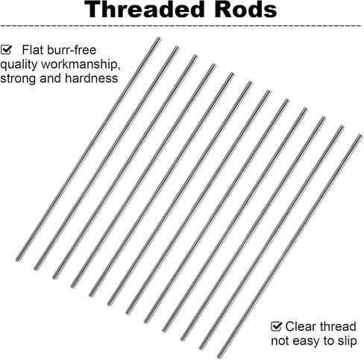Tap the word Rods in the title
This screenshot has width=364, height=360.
tap(245, 10)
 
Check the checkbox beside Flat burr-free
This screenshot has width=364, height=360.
tap(6, 50)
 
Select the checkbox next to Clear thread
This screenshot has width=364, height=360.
tap(277, 326)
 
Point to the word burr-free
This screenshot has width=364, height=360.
tap(71, 50)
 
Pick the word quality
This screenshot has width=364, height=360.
tap(19, 65)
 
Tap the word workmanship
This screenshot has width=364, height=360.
tap(81, 64)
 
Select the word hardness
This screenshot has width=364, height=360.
tap(91, 78)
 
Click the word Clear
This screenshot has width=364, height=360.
tap(300, 326)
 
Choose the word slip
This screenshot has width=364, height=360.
tap(348, 341)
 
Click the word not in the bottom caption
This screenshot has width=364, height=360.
tap(280, 341)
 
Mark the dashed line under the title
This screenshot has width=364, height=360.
tap(181, 25)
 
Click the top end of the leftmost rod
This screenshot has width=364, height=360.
tap(159, 38)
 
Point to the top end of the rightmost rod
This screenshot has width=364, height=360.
tap(360, 136)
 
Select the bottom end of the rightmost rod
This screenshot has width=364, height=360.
tap(219, 356)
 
